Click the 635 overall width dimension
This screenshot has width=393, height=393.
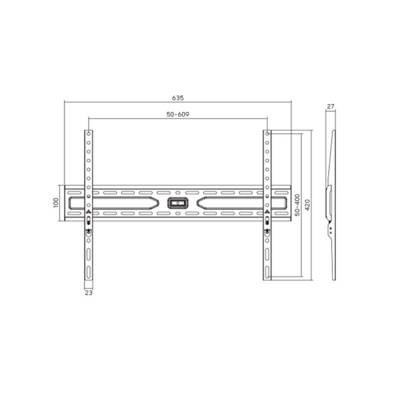click(x=178, y=98)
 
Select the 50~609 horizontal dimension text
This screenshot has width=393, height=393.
click(x=178, y=114)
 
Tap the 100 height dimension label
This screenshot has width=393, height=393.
click(x=56, y=203)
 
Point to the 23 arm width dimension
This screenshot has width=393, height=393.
click(x=89, y=293)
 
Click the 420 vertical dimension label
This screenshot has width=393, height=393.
click(x=307, y=205)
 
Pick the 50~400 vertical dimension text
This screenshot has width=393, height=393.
click(x=297, y=205)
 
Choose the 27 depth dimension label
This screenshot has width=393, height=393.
click(x=330, y=107)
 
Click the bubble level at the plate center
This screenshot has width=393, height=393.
click(x=178, y=203)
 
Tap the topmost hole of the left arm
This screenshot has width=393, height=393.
click(x=88, y=134)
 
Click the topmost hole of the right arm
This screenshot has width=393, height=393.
click(x=267, y=134)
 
